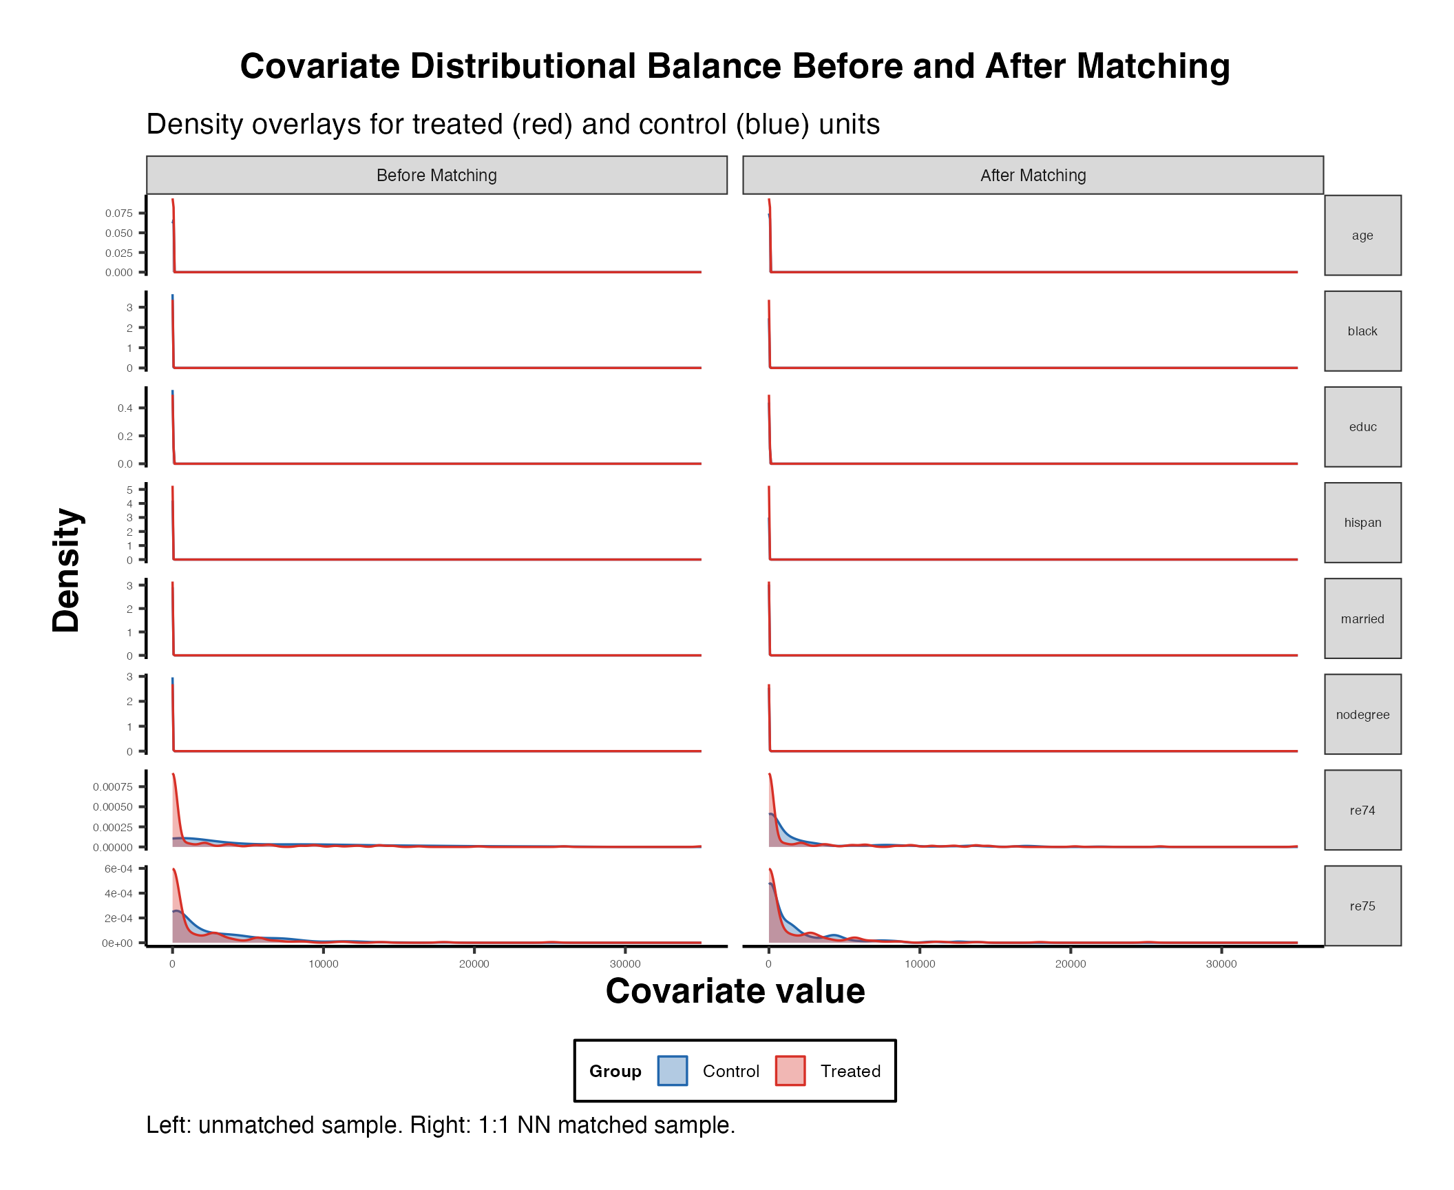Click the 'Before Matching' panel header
436,176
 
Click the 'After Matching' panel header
1033,176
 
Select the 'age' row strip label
1362,236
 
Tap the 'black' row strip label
1362,331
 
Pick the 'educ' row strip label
1362,427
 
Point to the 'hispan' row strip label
1362,523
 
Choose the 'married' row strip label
1362,618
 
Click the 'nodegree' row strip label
1362,714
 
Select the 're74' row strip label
1362,810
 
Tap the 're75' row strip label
1362,906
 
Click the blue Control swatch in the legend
672,1071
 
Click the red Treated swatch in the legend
790,1071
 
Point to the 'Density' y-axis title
67,570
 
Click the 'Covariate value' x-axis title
735,991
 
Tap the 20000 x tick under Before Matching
474,963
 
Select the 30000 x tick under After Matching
1221,963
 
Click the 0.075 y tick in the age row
118,213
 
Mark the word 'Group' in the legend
615,1071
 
